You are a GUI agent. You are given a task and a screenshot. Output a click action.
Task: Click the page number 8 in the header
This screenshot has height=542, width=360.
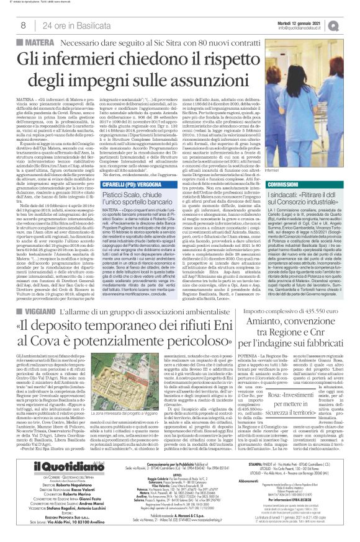pos(22,25)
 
